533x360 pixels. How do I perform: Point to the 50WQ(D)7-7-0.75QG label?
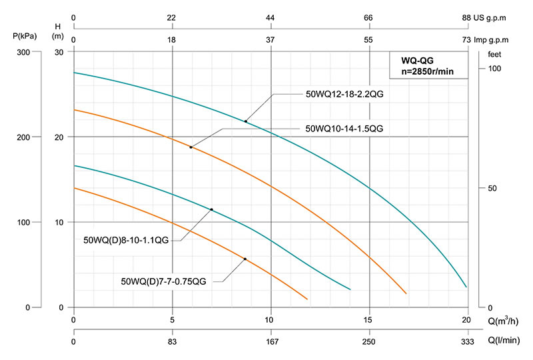[164, 282]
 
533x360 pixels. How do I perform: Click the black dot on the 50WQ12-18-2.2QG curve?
[246, 121]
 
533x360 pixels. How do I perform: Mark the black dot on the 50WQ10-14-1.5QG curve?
[191, 147]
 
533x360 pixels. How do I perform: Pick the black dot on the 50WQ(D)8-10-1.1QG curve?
[212, 209]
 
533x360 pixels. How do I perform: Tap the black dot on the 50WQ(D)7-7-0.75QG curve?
[245, 259]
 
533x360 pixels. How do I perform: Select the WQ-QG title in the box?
[416, 60]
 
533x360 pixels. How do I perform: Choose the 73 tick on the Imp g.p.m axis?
[467, 40]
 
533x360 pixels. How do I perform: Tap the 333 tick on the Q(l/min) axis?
[467, 342]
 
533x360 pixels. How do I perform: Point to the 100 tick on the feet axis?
[494, 69]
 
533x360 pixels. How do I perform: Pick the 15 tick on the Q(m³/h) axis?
[368, 319]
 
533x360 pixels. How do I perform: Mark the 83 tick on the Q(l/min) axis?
[173, 342]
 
